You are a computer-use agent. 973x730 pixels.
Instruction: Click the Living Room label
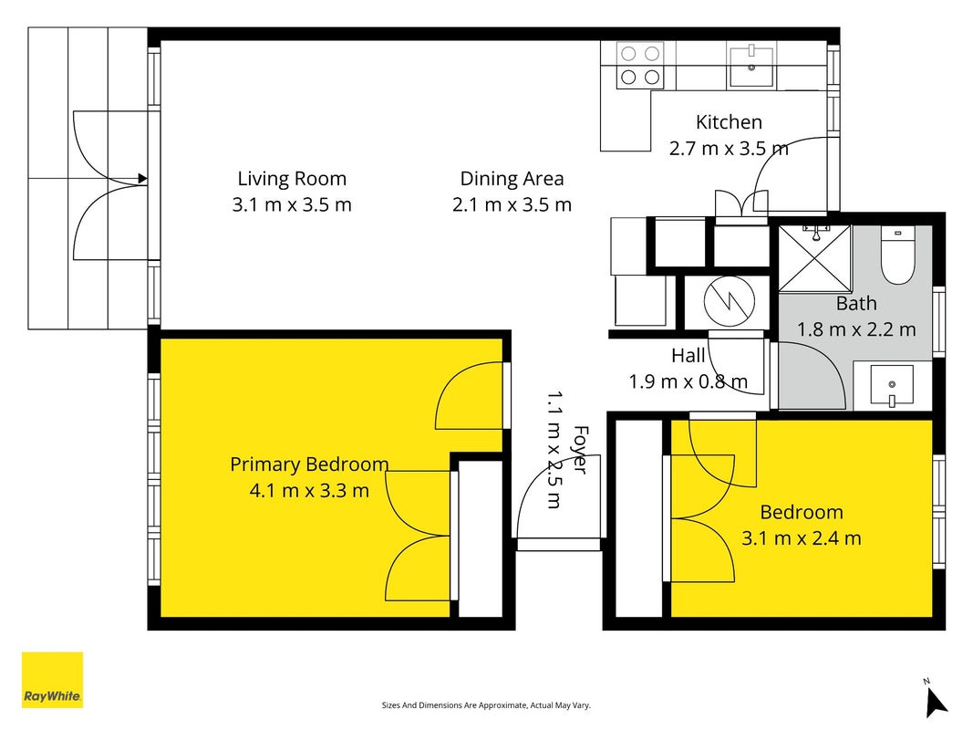coord(292,179)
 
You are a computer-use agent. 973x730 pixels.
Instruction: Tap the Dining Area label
coord(512,179)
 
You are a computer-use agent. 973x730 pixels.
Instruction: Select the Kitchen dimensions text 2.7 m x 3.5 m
coord(729,149)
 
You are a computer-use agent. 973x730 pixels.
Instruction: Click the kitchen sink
coord(751,66)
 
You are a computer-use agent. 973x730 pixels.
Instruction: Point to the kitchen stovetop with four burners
coord(640,65)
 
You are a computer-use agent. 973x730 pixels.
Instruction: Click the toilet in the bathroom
coord(898,255)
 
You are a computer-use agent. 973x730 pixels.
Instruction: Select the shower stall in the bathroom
coord(814,258)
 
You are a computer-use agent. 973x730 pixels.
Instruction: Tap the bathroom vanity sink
coord(892,385)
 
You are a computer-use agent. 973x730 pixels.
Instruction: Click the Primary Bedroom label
coord(309,464)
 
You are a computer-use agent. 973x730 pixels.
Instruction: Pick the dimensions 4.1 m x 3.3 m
coord(309,490)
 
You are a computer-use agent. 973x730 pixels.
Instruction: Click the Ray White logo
coord(52,680)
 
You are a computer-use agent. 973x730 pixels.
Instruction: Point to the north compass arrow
coord(935,701)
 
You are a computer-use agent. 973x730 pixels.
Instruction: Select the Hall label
coord(688,356)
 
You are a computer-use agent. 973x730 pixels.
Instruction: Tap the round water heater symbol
coord(730,302)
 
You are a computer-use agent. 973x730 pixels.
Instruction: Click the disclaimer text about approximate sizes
coord(486,705)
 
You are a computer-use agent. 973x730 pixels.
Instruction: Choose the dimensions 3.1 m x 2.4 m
coord(802,537)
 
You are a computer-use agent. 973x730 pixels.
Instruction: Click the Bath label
coord(856,304)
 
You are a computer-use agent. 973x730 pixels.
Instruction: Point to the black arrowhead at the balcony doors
coord(142,179)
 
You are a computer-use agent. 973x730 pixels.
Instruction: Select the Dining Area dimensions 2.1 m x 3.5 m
coord(512,204)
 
